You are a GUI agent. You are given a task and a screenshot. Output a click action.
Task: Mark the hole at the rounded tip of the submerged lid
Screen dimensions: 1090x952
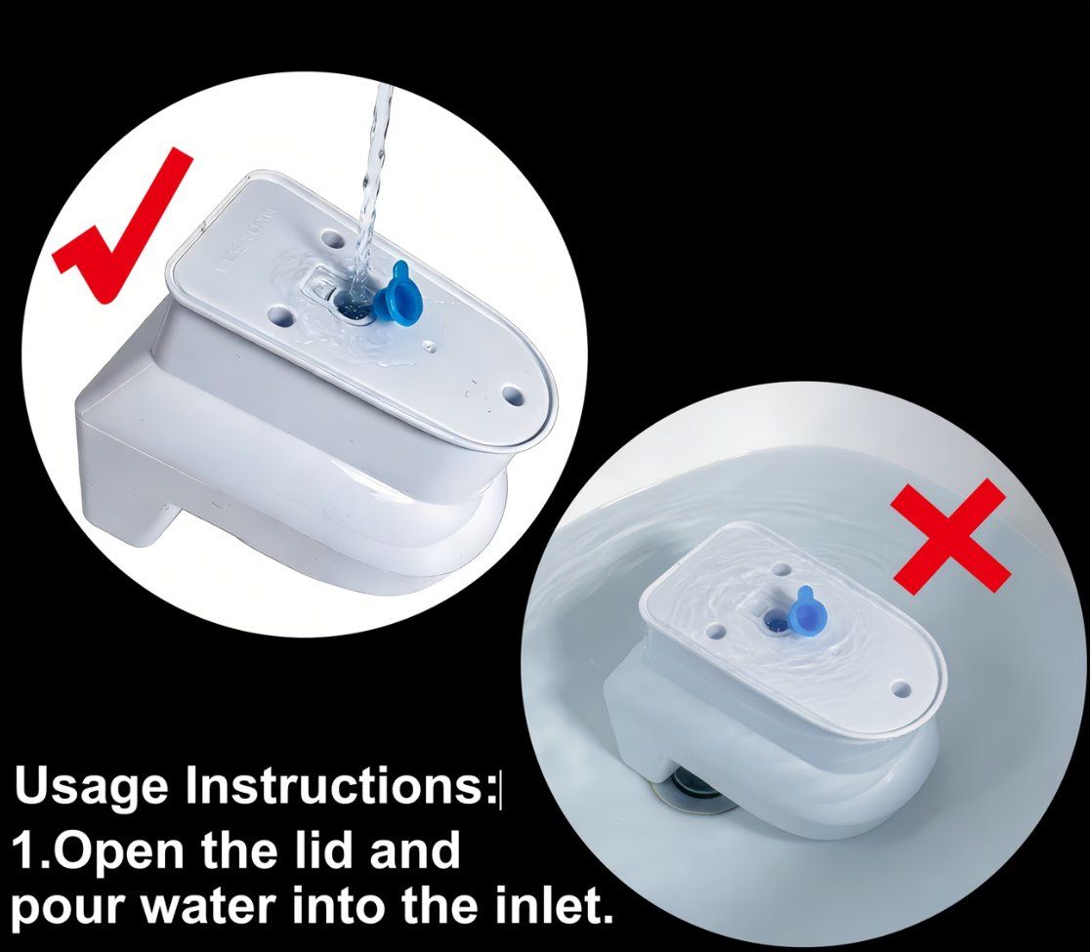[901, 689]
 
